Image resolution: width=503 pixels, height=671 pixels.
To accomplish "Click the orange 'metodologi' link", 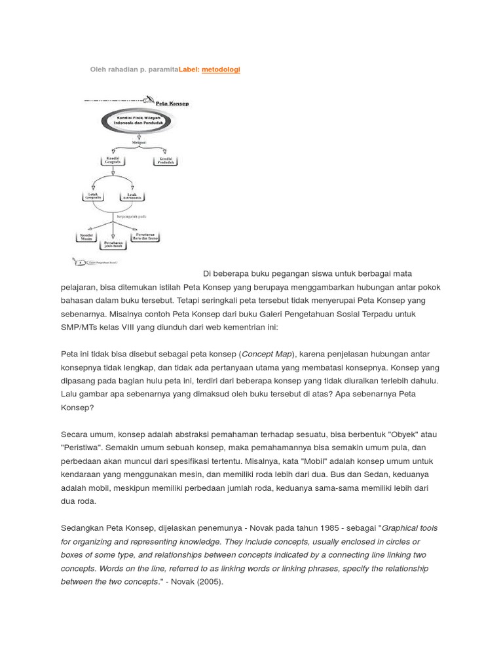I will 221,69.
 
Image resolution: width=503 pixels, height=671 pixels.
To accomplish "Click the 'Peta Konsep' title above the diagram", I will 172,104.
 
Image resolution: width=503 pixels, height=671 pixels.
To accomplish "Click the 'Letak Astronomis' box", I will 134,196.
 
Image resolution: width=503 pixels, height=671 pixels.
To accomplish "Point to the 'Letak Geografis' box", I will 94,196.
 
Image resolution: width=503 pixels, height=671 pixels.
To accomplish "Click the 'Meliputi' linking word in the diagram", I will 139,141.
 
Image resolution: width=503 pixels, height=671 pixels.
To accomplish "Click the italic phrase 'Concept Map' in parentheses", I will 267,354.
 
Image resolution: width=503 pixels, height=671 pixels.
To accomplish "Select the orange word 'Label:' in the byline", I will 189,69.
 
